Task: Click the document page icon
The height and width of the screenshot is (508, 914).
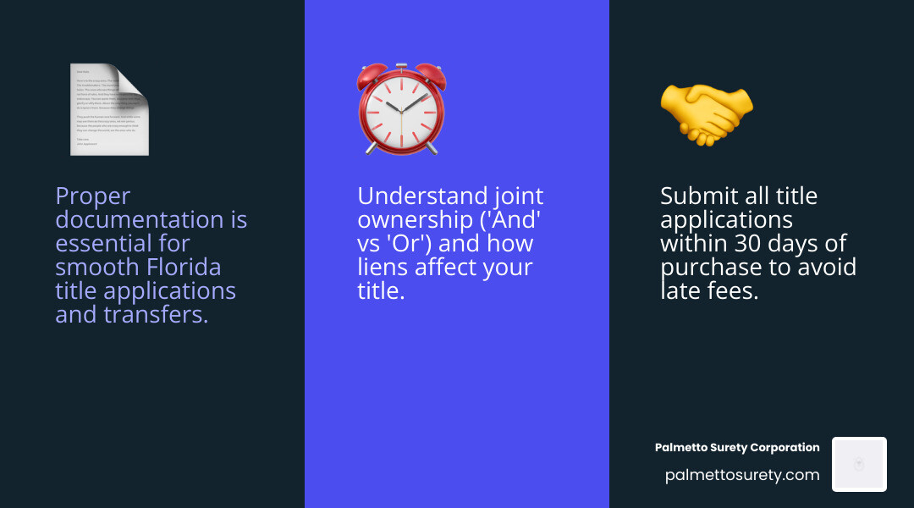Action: (108, 110)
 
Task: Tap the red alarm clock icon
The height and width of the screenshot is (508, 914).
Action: (401, 110)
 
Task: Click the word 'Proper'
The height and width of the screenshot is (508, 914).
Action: (93, 196)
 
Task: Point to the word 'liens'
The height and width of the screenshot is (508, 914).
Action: (385, 268)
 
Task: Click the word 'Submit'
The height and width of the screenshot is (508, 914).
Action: (699, 196)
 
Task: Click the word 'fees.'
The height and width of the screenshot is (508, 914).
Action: (727, 291)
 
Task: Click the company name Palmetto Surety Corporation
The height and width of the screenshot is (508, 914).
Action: (737, 447)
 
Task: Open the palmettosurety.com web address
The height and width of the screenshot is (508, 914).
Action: (742, 475)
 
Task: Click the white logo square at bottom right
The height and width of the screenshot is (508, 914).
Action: (859, 464)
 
